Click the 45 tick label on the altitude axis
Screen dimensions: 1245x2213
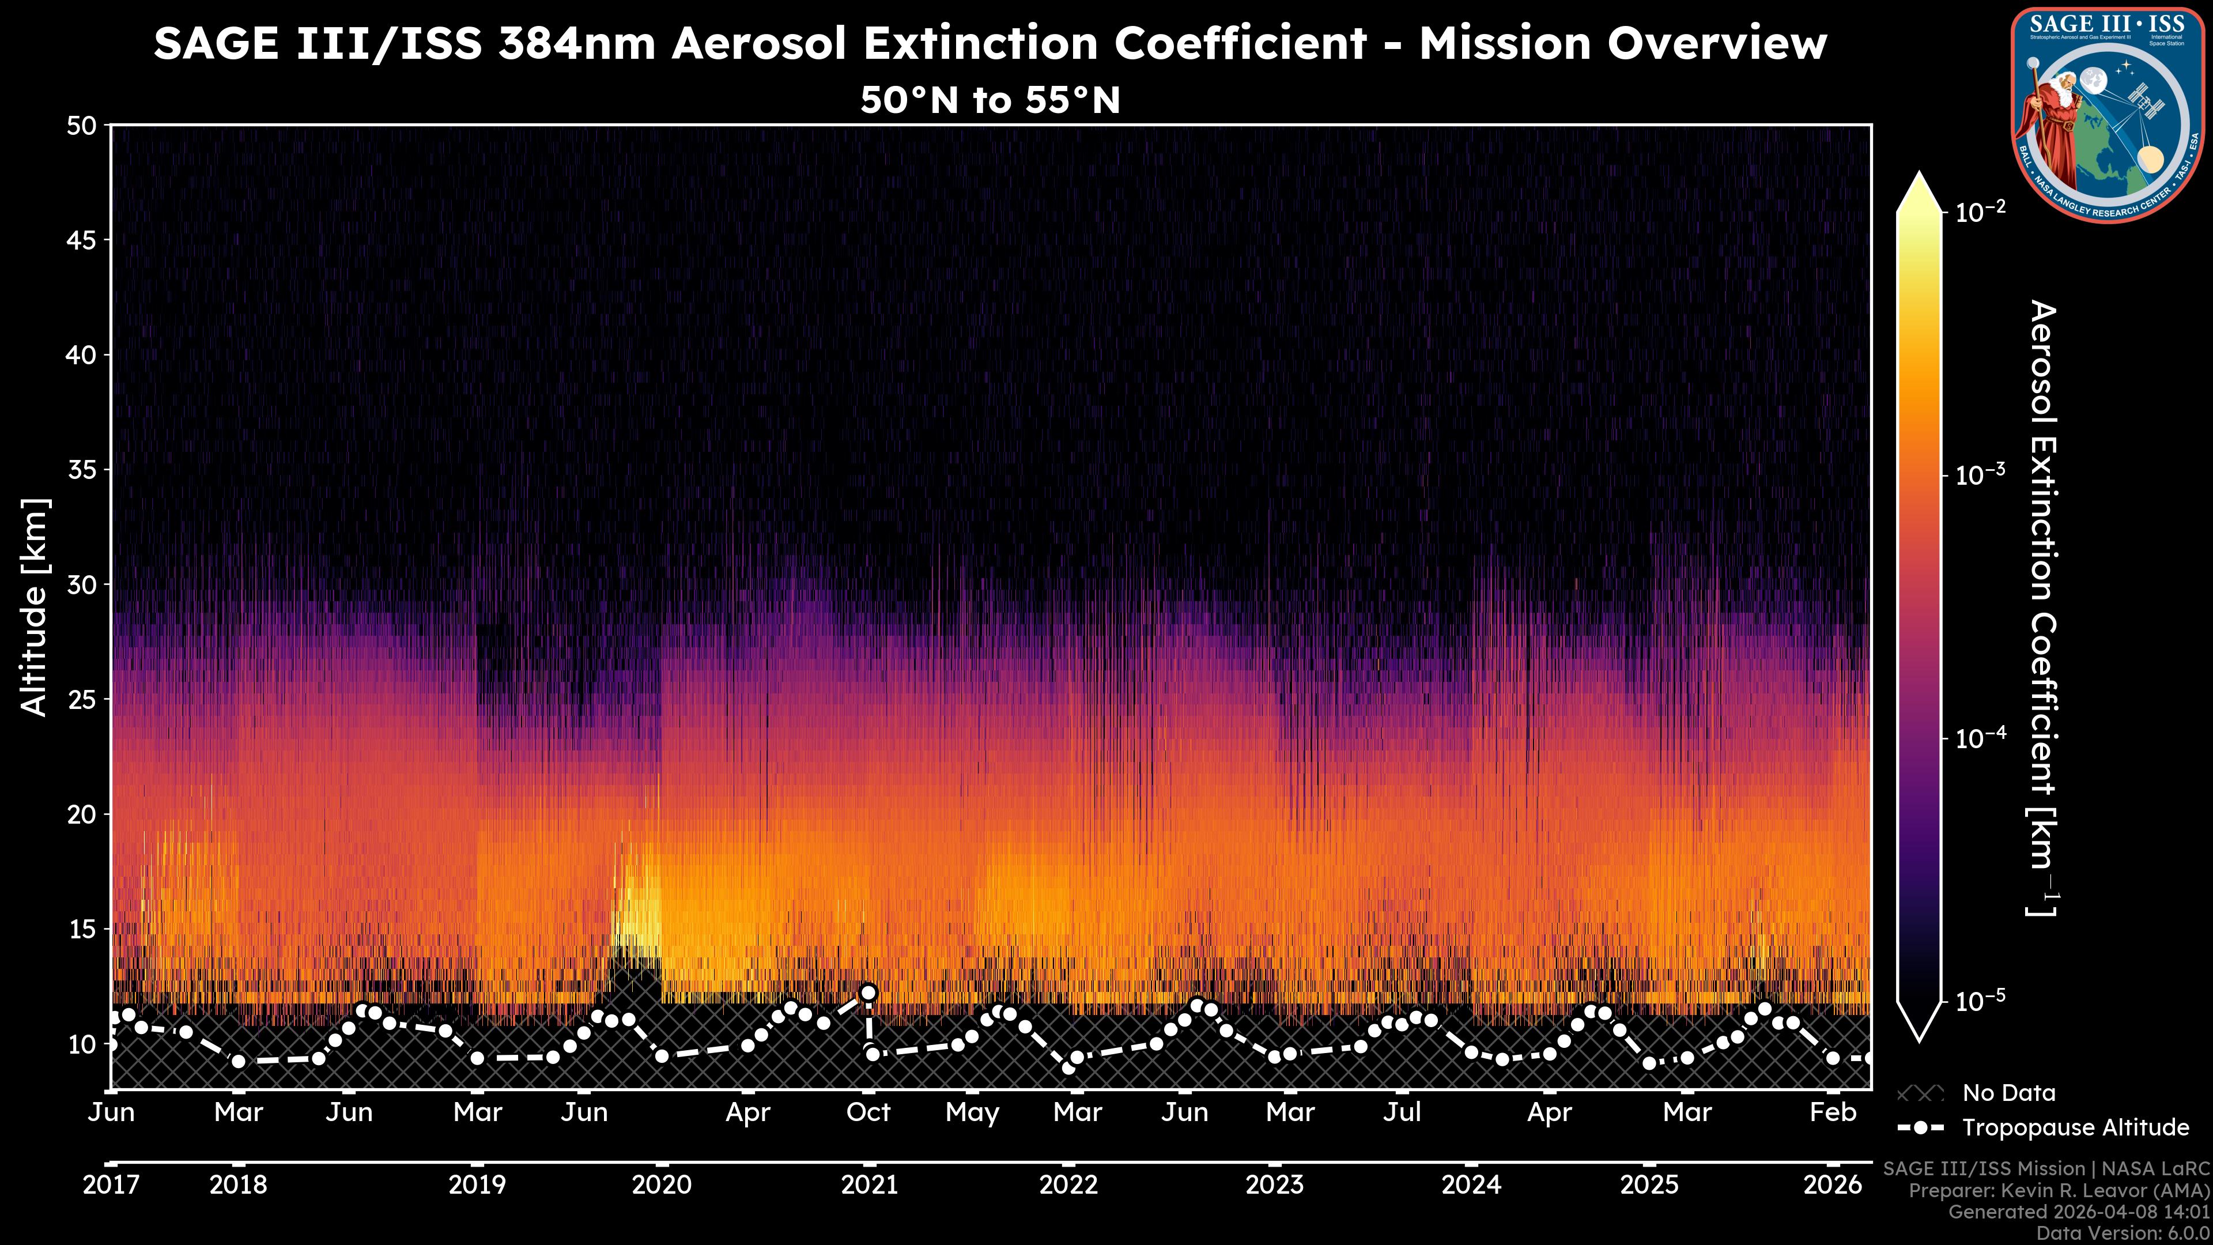(x=82, y=240)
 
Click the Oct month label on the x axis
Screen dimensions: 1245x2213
(x=868, y=1112)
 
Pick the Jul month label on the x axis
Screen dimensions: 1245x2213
(x=1402, y=1112)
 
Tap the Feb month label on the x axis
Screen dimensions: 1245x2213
(x=1833, y=1112)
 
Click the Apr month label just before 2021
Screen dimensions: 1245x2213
(x=747, y=1112)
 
